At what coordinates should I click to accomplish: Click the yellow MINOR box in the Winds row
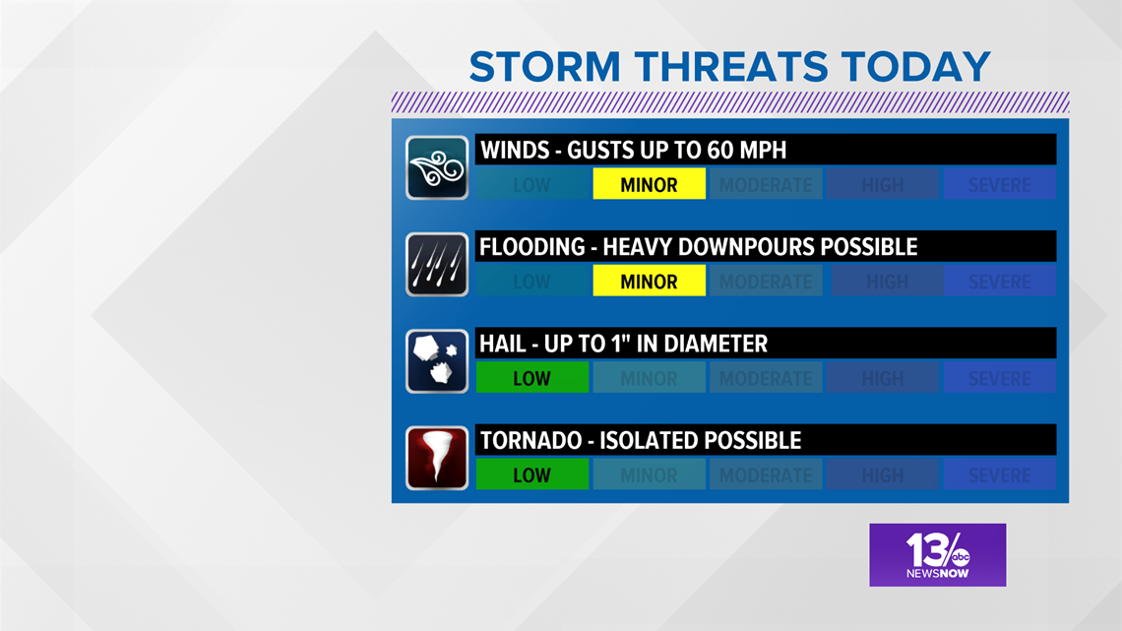point(649,184)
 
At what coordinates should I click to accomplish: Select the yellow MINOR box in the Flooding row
point(649,282)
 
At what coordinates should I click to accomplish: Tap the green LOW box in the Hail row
point(531,378)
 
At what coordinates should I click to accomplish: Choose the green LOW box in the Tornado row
point(531,474)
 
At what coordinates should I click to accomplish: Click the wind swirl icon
point(437,168)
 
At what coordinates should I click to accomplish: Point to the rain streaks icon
point(437,265)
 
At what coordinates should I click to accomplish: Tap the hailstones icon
point(437,361)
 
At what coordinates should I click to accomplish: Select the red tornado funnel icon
point(437,458)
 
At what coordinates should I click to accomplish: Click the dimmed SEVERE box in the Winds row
point(999,184)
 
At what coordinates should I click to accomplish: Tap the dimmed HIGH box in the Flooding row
point(887,282)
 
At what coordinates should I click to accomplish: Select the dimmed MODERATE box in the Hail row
point(765,378)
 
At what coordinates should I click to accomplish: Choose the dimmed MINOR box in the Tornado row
point(649,474)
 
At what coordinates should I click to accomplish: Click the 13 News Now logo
point(937,554)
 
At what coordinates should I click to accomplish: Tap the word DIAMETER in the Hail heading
point(716,344)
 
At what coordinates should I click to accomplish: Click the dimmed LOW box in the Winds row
point(531,184)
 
